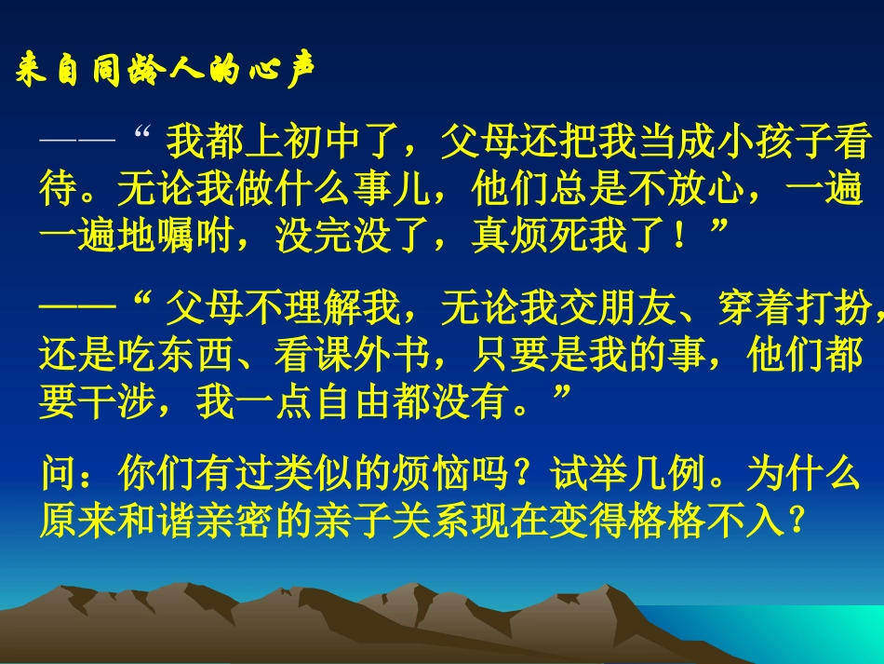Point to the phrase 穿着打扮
click(795, 304)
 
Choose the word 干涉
click(118, 402)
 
